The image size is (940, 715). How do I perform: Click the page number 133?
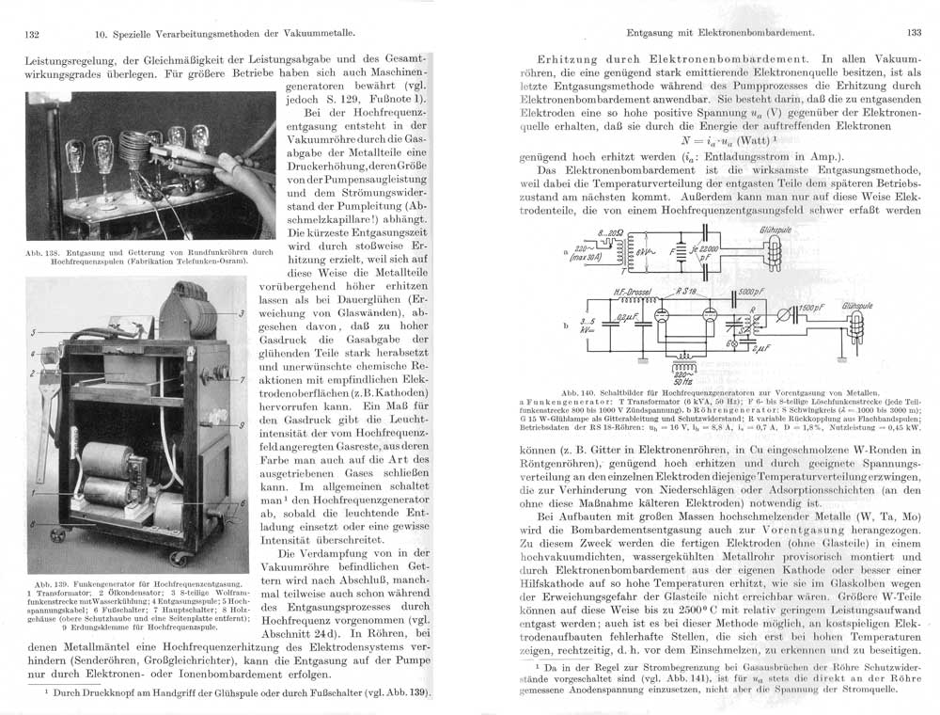913,33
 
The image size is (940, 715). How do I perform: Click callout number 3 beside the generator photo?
242,312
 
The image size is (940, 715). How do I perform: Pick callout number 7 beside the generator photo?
242,380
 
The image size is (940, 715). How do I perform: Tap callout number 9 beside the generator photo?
242,425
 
